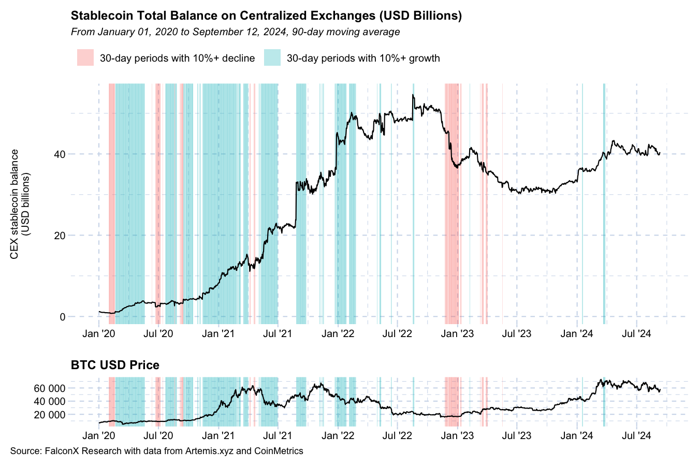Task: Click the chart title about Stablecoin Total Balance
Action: click(266, 16)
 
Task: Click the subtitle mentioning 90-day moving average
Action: click(235, 32)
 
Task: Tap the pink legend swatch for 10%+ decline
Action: click(85, 57)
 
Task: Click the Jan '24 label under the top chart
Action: click(577, 333)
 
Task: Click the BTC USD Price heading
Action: click(115, 365)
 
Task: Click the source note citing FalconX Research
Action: click(156, 451)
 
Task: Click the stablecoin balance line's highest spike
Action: click(413, 95)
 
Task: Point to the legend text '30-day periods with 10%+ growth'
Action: click(363, 58)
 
